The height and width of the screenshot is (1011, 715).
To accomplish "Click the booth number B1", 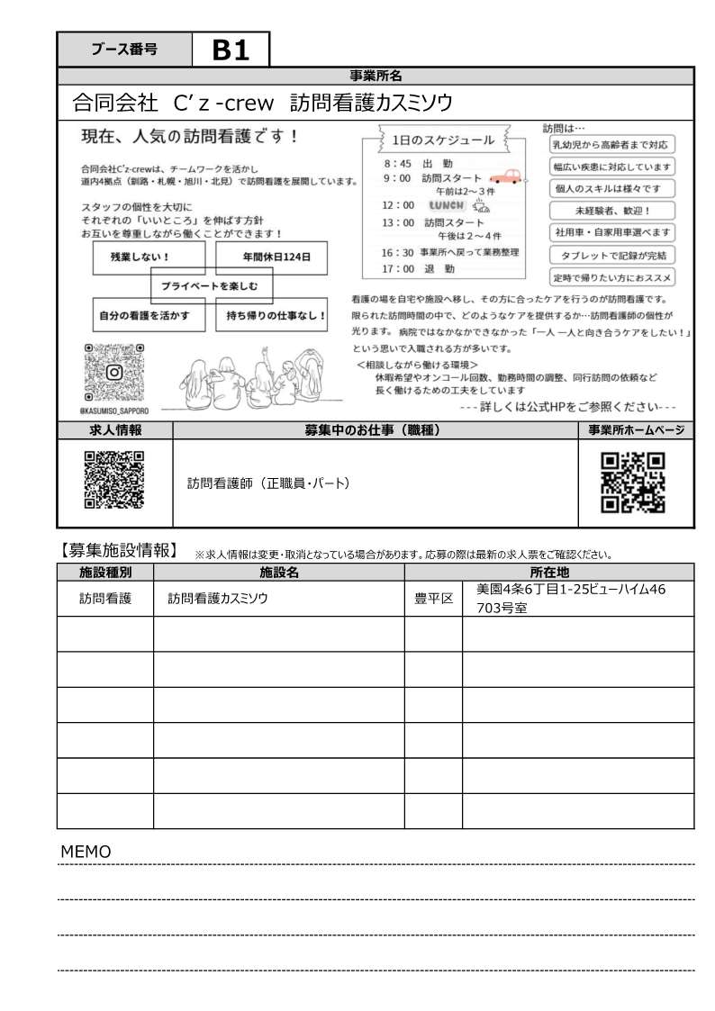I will coord(231,51).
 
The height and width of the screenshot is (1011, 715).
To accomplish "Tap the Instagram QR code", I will coord(114,372).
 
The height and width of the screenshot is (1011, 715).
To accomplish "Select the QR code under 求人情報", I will coord(113,480).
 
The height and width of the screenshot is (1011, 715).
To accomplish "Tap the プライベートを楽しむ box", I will coord(211,286).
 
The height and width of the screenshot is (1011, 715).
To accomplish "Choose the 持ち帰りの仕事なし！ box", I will coord(276,316).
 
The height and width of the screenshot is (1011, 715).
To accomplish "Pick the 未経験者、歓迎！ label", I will coord(612,211).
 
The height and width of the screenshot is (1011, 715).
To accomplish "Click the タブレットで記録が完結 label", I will coord(612,255).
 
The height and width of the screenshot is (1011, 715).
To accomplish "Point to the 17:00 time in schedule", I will coord(397,268).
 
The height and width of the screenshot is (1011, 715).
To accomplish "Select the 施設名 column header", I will coord(278,572).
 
